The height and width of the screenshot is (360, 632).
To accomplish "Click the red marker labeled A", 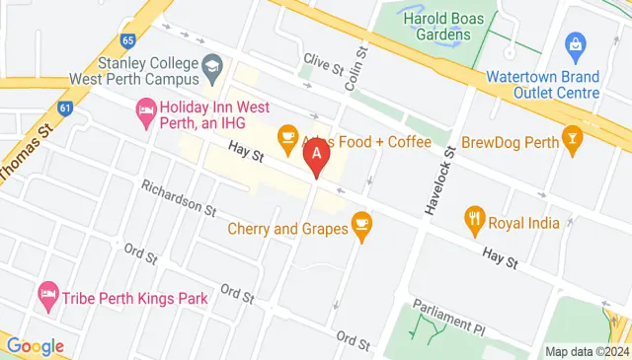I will (x=316, y=155).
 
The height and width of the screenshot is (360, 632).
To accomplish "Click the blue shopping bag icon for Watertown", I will (x=575, y=44).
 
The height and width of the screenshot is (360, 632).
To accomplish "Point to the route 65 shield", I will (x=127, y=40).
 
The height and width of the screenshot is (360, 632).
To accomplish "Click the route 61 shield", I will (x=65, y=108).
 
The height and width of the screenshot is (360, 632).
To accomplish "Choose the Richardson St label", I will (x=178, y=197).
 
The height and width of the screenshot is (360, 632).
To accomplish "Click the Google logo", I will (x=35, y=346).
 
